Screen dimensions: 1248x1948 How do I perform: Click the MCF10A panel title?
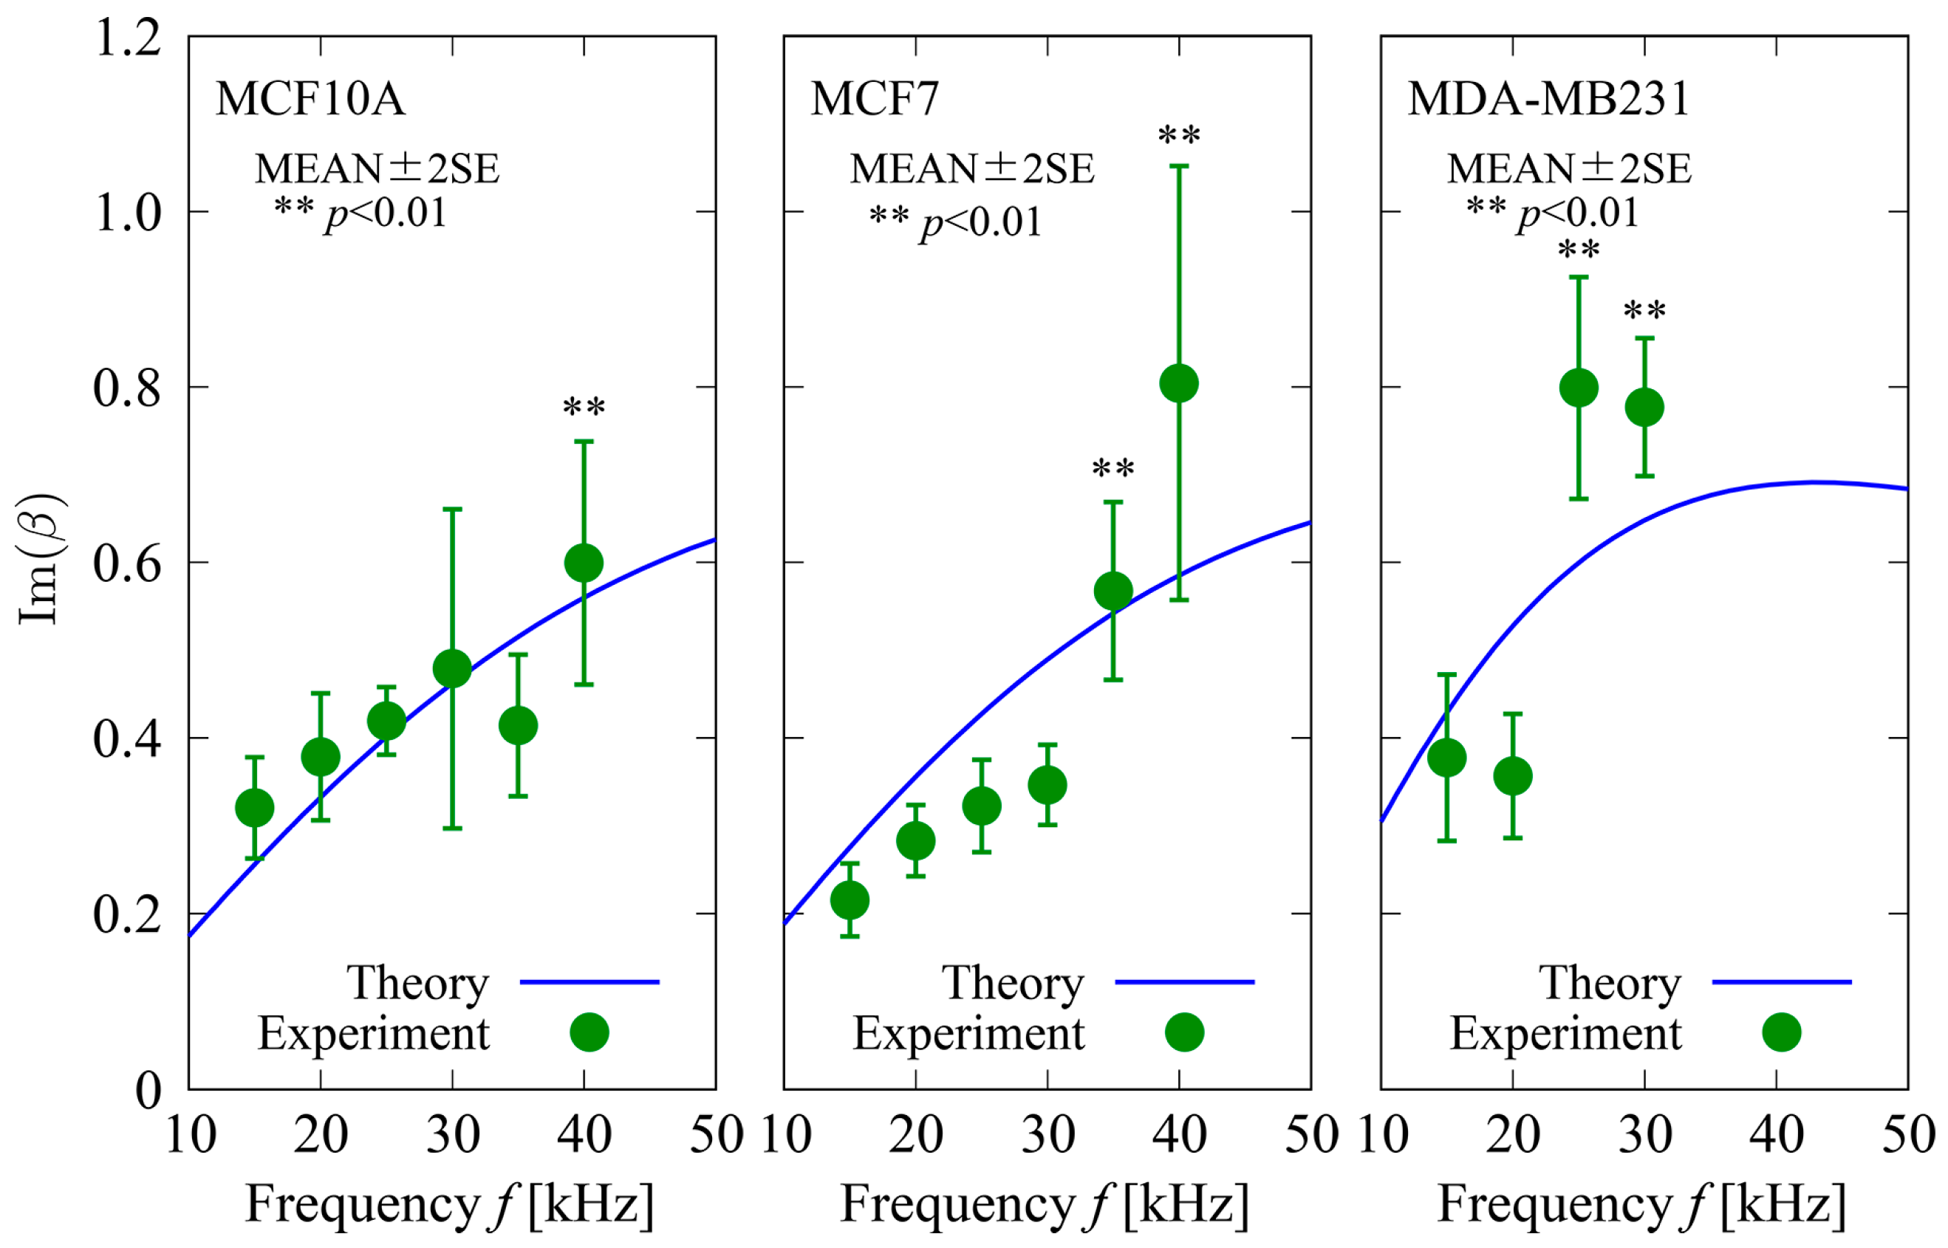point(310,99)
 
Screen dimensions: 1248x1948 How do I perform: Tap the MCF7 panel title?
point(874,99)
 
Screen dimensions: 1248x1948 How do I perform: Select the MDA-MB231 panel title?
point(1548,99)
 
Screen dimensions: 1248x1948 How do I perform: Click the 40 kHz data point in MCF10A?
point(584,563)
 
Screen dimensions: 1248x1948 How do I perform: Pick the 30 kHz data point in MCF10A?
point(452,668)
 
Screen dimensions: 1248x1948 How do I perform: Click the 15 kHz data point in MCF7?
point(850,899)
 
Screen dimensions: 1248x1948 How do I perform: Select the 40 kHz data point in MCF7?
point(1179,383)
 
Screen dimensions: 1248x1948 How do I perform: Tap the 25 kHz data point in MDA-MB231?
point(1579,388)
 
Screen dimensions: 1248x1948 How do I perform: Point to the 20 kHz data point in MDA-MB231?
point(1513,775)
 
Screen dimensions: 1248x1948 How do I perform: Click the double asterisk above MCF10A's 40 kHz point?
point(584,407)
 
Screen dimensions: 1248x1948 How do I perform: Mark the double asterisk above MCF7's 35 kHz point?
point(1113,468)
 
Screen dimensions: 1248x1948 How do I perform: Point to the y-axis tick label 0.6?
point(128,563)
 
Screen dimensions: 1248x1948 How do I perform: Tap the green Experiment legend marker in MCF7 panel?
point(1183,1032)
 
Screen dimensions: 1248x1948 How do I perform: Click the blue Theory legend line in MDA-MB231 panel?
point(1781,981)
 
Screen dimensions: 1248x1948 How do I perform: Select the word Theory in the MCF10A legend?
point(417,983)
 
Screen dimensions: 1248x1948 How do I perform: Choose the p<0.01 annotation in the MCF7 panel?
point(980,222)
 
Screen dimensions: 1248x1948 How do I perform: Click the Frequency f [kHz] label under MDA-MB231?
point(1641,1204)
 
